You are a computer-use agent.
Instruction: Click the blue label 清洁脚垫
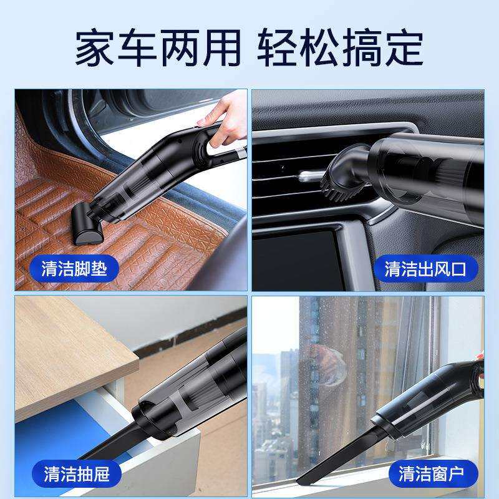pyautogui.click(x=74, y=269)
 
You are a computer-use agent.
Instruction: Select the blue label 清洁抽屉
pyautogui.click(x=76, y=473)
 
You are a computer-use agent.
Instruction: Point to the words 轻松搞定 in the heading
pyautogui.click(x=340, y=47)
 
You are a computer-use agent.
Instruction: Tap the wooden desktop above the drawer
pyautogui.click(x=69, y=349)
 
